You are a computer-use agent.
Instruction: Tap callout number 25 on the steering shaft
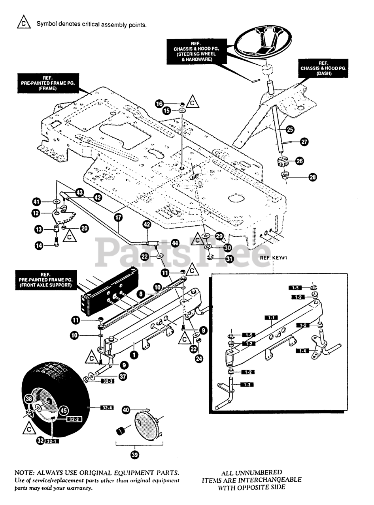[x=290, y=129]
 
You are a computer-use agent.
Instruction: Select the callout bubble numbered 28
[x=313, y=177]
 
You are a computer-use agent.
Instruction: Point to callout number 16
[x=159, y=104]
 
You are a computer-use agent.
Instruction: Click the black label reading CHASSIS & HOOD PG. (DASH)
[x=323, y=68]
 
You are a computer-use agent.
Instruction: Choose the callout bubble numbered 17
[x=118, y=217]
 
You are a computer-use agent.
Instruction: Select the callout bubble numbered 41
[x=37, y=202]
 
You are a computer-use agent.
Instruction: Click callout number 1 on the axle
[x=135, y=355]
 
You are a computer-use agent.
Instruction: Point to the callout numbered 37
[x=123, y=377]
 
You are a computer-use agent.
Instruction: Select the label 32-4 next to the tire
[x=107, y=407]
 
